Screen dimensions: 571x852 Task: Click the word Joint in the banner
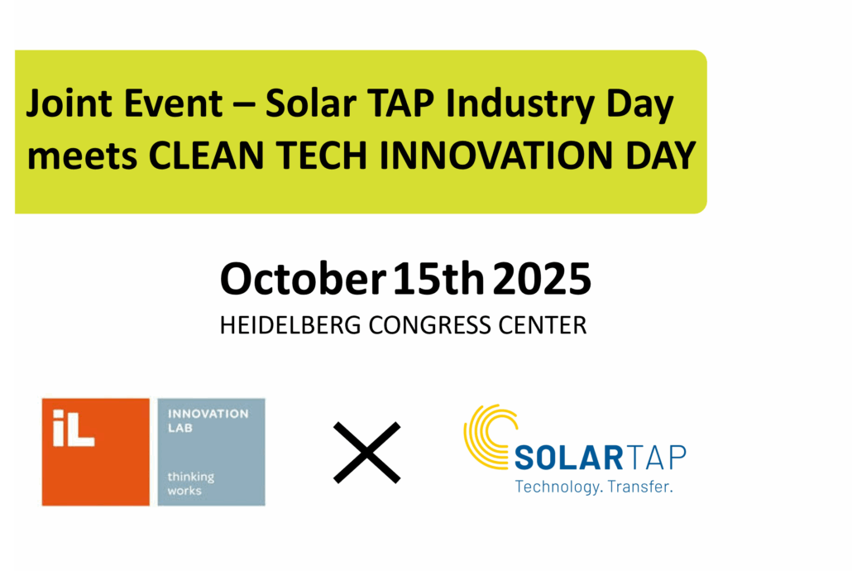[x=60, y=106]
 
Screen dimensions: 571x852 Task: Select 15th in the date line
[x=438, y=280]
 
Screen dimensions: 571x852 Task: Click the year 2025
[x=542, y=280]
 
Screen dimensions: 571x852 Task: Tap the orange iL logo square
[x=95, y=451]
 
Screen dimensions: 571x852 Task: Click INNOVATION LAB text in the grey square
[x=207, y=420]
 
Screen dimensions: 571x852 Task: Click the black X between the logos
[x=366, y=452]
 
